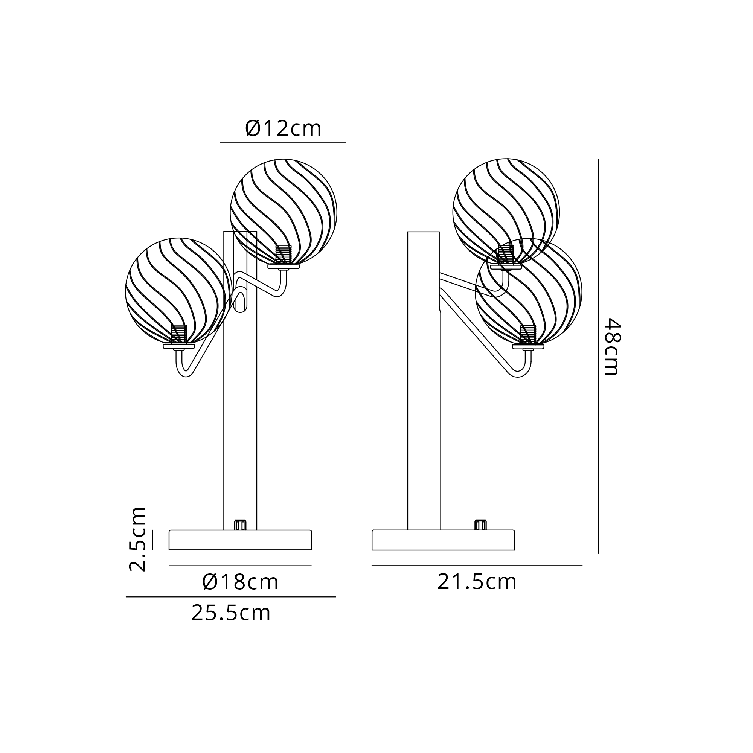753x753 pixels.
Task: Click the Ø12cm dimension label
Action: click(284, 129)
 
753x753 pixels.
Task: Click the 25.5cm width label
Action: click(231, 613)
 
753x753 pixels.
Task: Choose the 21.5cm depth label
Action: click(477, 582)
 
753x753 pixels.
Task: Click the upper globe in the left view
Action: click(284, 212)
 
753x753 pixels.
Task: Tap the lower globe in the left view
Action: click(179, 291)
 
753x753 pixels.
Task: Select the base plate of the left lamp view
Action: click(240, 540)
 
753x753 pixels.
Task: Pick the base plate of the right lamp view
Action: click(443, 540)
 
